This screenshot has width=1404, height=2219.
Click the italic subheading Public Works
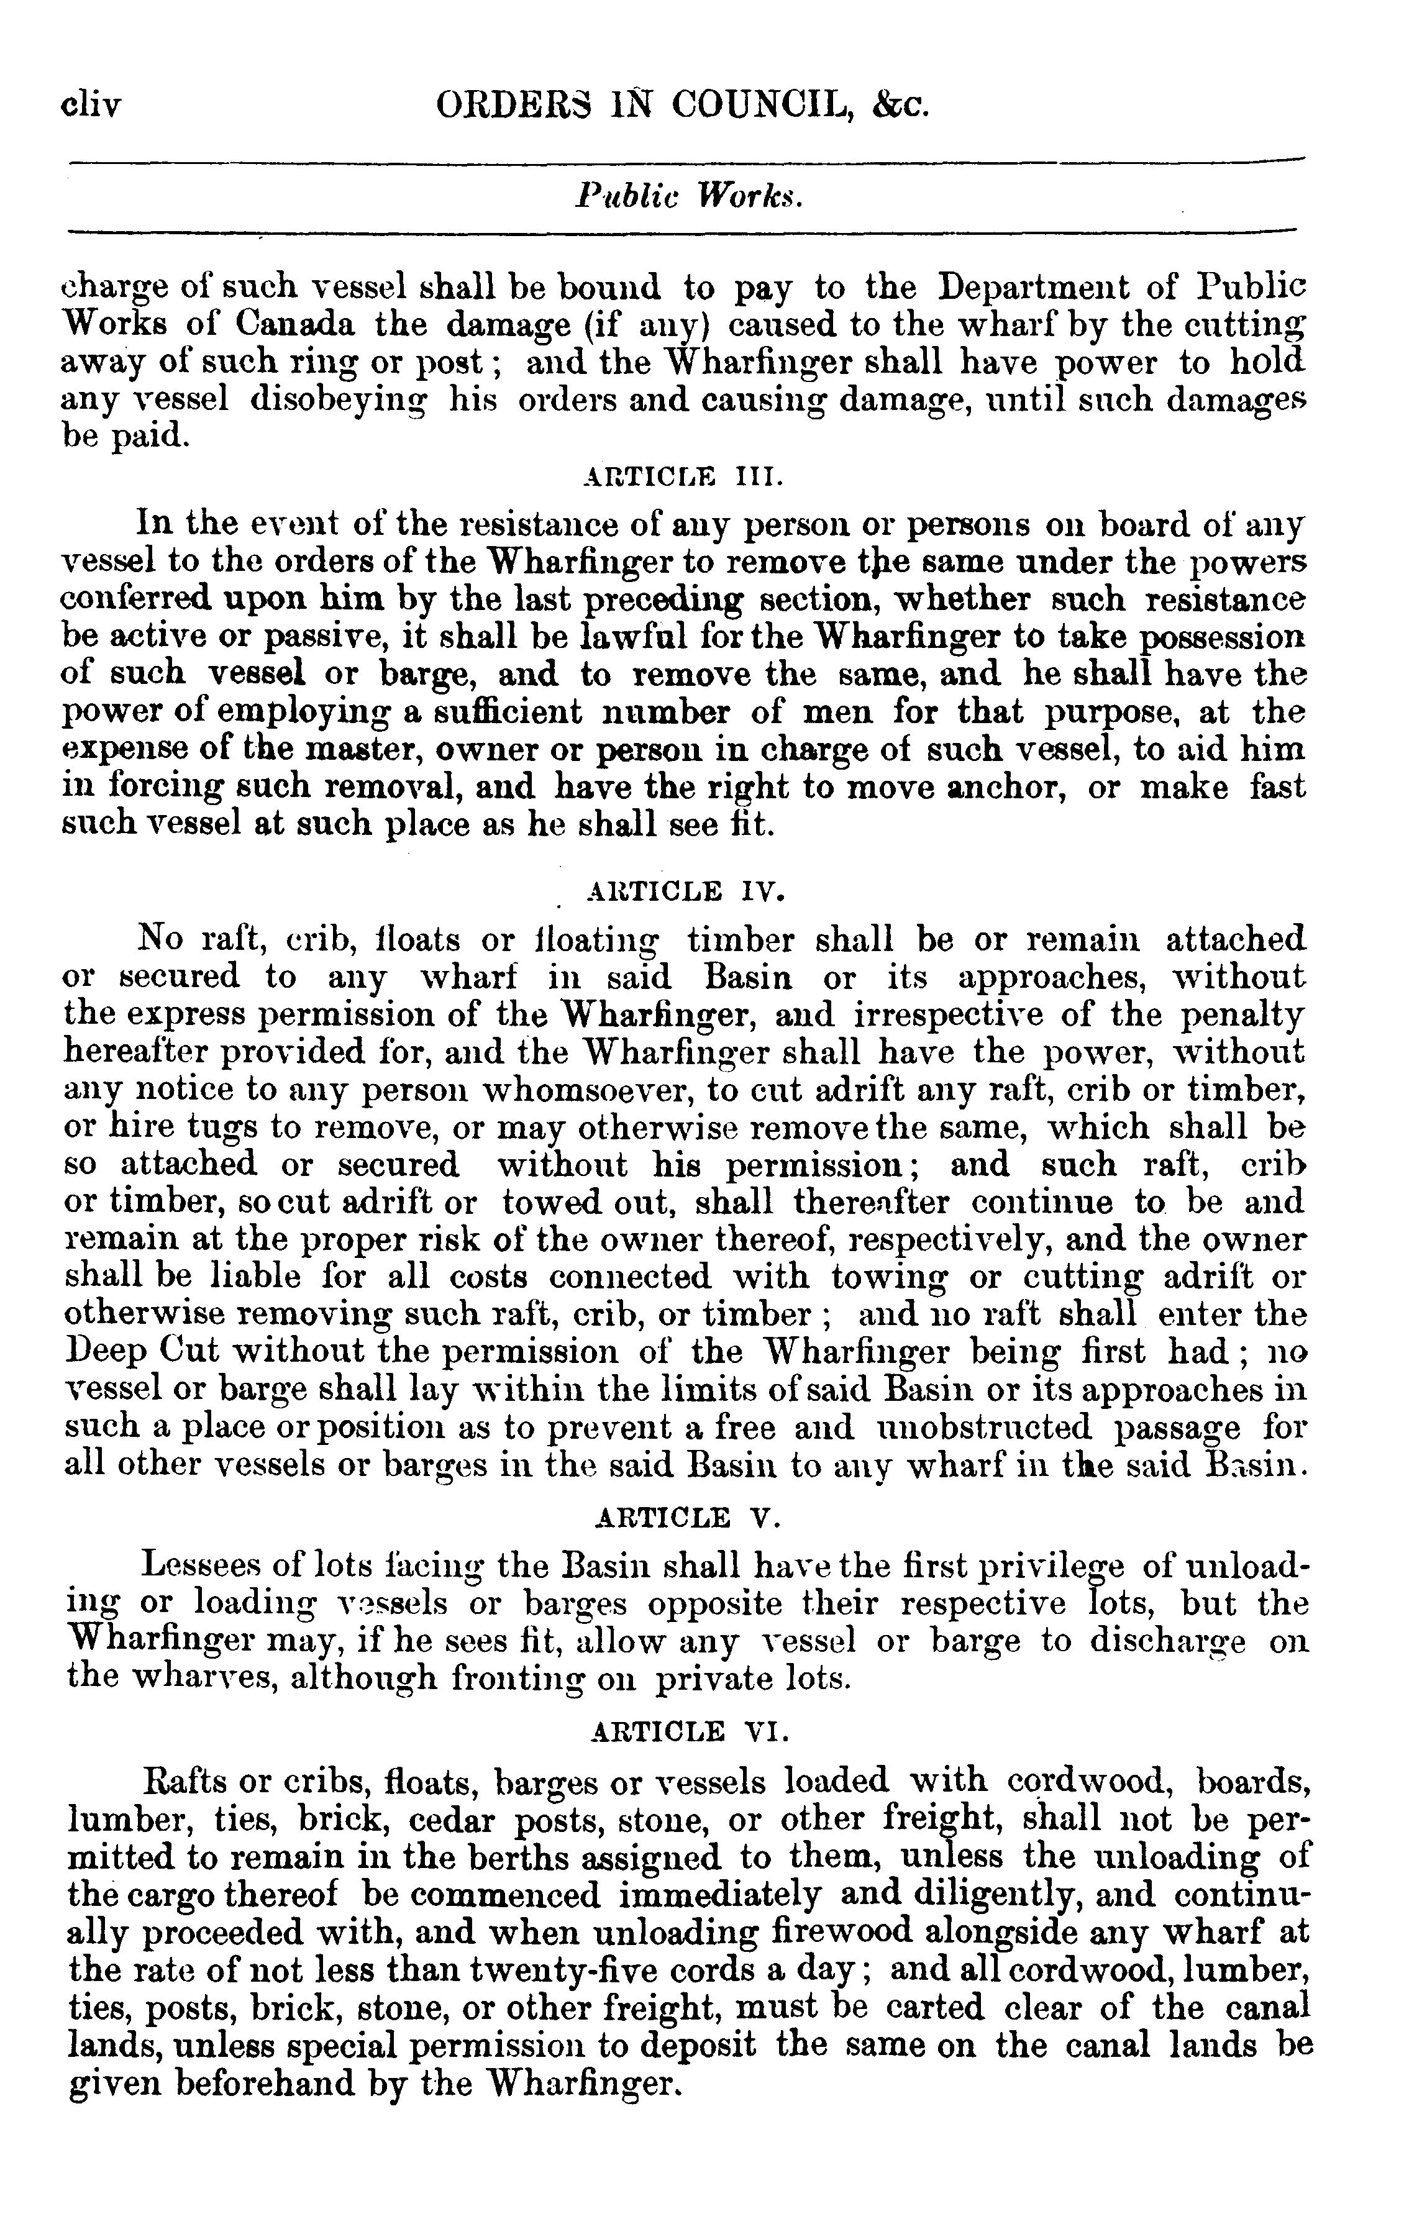(689, 196)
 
